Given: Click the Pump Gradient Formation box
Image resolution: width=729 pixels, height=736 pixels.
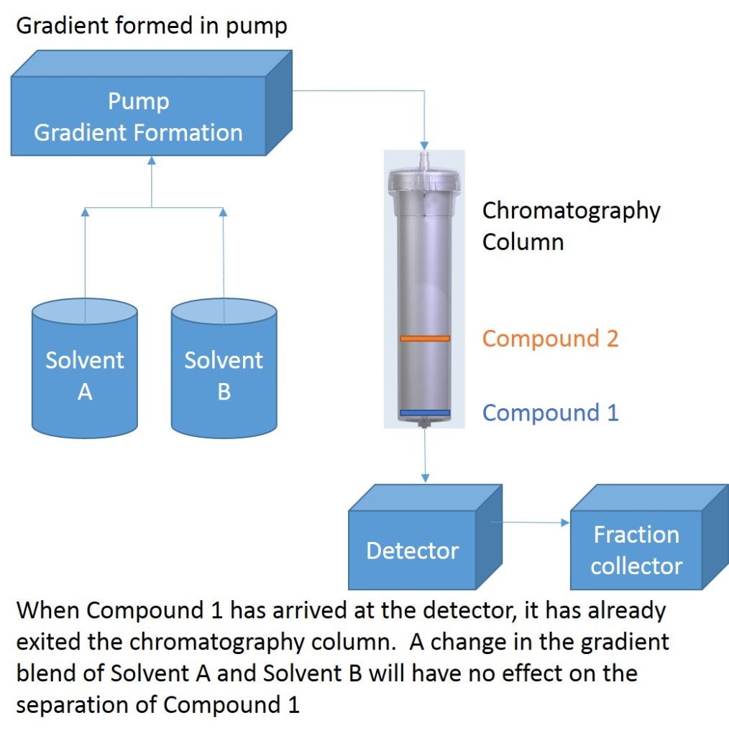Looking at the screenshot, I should click(x=138, y=117).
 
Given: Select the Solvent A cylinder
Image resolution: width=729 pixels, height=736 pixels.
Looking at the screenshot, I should click(x=85, y=374).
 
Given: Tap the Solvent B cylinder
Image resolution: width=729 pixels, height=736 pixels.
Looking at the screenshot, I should click(x=224, y=374).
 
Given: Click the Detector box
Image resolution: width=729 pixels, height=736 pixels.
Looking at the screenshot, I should click(x=413, y=550).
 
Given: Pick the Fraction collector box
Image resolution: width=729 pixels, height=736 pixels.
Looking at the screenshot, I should click(x=636, y=550).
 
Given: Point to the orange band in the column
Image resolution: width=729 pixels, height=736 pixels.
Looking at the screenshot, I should click(x=425, y=338).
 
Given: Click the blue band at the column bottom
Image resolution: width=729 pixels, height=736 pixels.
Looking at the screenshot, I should click(x=425, y=413).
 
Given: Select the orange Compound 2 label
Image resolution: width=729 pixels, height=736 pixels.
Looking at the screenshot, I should click(x=550, y=338).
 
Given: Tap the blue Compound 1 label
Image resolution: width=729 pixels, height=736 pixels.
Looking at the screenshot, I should click(x=550, y=413).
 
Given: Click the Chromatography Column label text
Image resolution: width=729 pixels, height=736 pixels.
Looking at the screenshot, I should click(x=571, y=226).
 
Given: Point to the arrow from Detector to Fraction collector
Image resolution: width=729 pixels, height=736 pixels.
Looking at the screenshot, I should click(x=528, y=523).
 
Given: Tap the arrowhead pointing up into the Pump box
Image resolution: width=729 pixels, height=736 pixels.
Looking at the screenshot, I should click(x=152, y=160).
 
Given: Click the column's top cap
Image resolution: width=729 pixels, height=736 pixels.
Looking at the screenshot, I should click(x=424, y=180).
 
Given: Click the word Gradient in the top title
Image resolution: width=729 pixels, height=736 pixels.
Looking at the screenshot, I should click(x=57, y=27).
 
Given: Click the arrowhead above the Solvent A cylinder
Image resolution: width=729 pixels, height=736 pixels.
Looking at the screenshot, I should click(x=85, y=212).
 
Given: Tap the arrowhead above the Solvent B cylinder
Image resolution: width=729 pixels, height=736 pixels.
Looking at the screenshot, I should click(x=223, y=212).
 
